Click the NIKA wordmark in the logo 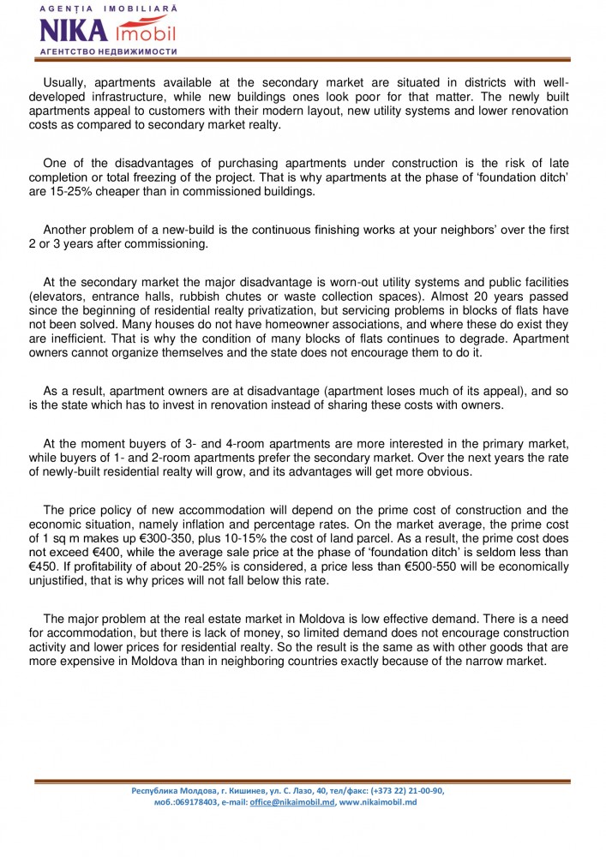(73, 31)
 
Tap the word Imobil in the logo (144, 33)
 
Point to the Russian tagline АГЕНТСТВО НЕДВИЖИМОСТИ (108, 51)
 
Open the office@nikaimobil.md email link (292, 801)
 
